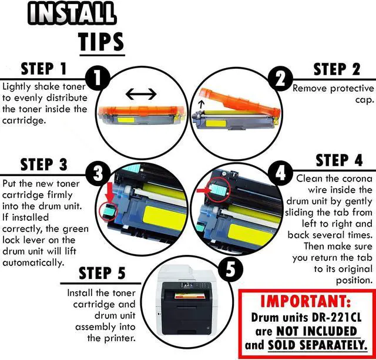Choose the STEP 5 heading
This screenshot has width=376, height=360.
pos(102,274)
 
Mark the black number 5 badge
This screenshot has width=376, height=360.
pos(227,270)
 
